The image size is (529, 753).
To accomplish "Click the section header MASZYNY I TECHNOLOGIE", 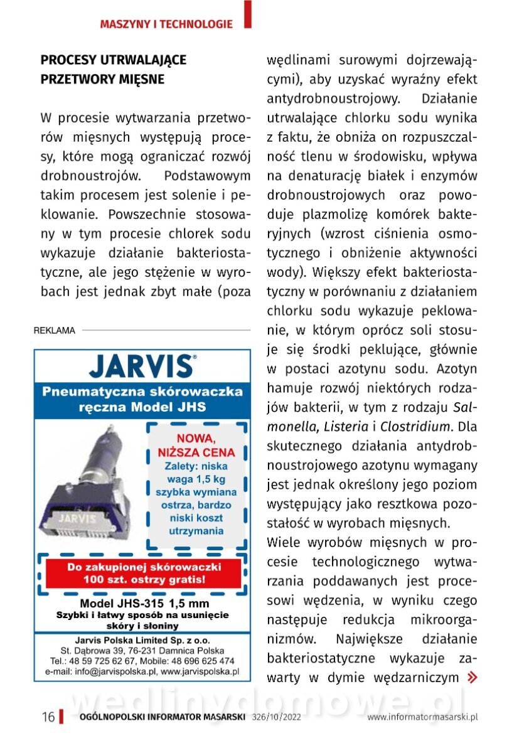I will [x=166, y=24].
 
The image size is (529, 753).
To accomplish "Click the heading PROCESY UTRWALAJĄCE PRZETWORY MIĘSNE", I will [x=114, y=70].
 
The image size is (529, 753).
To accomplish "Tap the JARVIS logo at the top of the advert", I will [x=142, y=366].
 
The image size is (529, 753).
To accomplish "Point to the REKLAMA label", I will [x=54, y=330].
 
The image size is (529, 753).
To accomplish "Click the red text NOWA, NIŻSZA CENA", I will [x=196, y=445].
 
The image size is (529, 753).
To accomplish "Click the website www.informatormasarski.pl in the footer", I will [x=422, y=717].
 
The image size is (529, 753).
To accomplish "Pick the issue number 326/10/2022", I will [x=277, y=717].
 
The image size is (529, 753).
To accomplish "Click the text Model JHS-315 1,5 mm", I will [x=142, y=603].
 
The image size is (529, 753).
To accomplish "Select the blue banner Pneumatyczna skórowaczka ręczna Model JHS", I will [x=142, y=399].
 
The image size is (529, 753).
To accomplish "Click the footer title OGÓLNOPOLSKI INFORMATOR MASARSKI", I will [x=162, y=717].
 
